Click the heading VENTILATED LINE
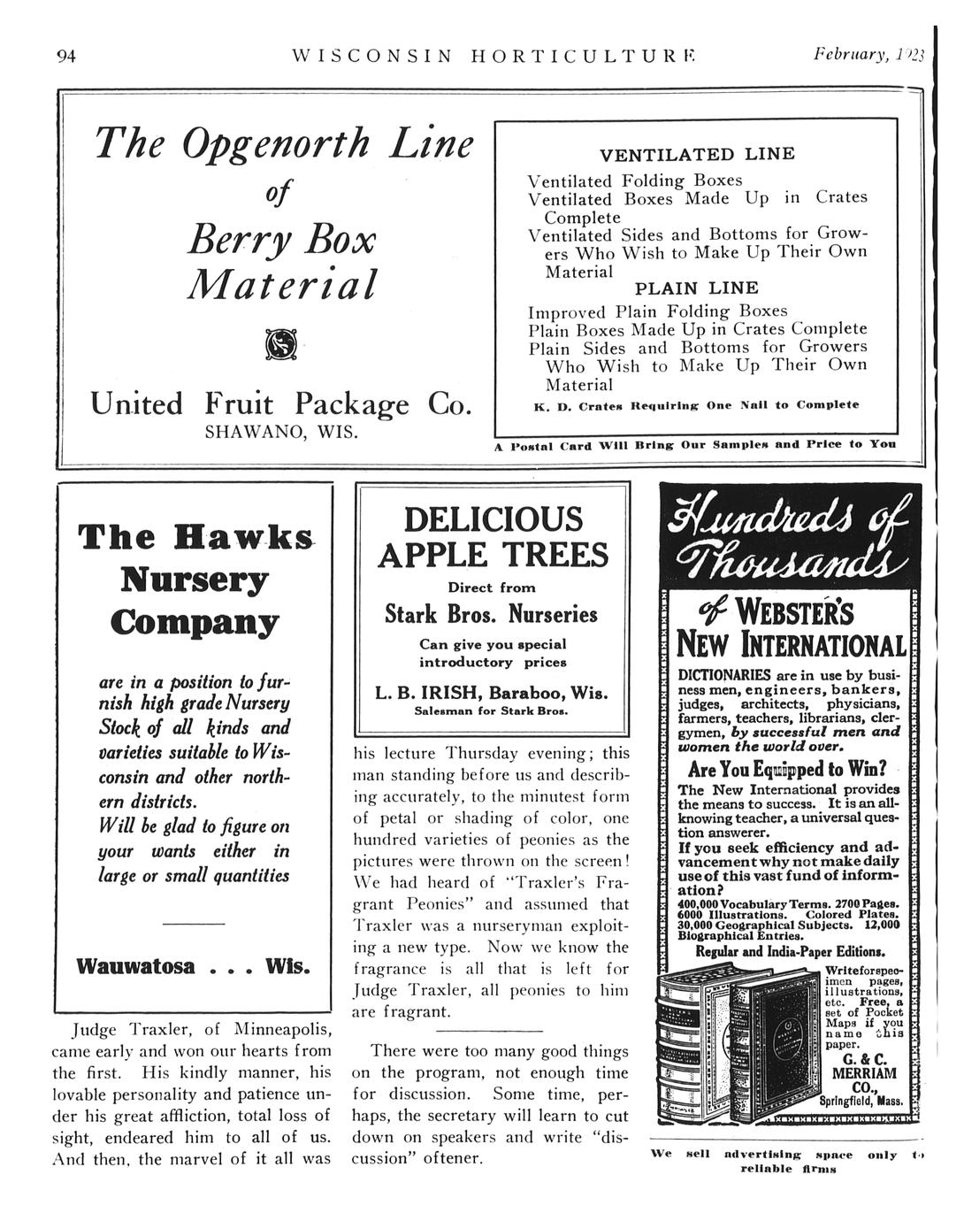tap(697, 154)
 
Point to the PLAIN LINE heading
tap(697, 288)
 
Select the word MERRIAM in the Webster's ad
tap(864, 1073)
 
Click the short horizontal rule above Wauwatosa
tap(194, 924)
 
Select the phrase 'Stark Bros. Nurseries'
tap(491, 614)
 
